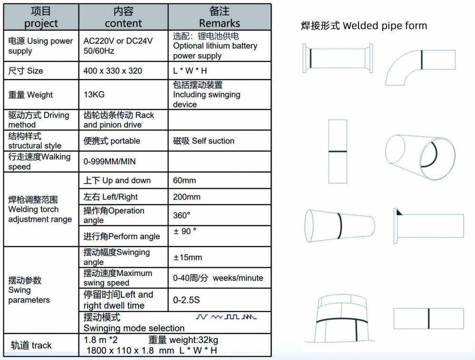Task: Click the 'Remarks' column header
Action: [219, 17]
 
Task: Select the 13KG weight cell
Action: [94, 95]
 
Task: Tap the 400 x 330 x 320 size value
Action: [113, 71]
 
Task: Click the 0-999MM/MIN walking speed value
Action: [109, 162]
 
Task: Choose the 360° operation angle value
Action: [182, 215]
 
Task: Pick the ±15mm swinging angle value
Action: [187, 257]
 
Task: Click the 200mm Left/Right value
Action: [187, 197]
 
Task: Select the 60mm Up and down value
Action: [184, 181]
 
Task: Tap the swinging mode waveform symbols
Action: [226, 317]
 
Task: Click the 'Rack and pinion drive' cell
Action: [119, 120]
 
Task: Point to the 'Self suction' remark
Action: [204, 141]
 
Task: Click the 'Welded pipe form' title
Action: [364, 26]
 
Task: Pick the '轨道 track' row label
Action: [31, 345]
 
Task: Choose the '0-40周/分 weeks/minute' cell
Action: [218, 278]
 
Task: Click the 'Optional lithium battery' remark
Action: [215, 46]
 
